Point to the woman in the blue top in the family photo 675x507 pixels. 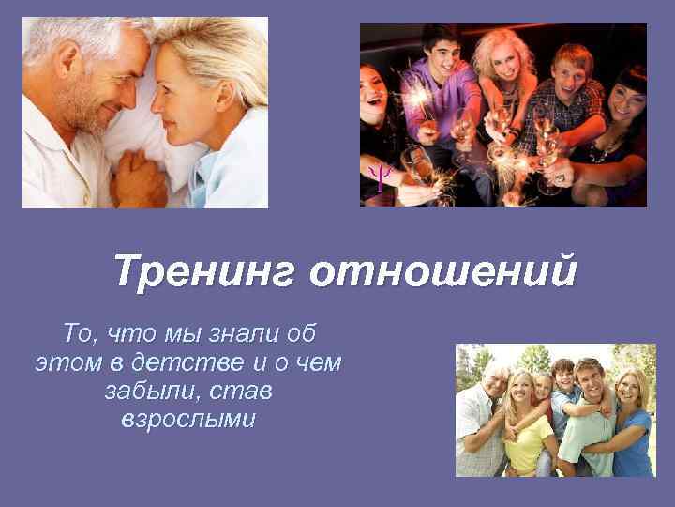(x=630, y=422)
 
